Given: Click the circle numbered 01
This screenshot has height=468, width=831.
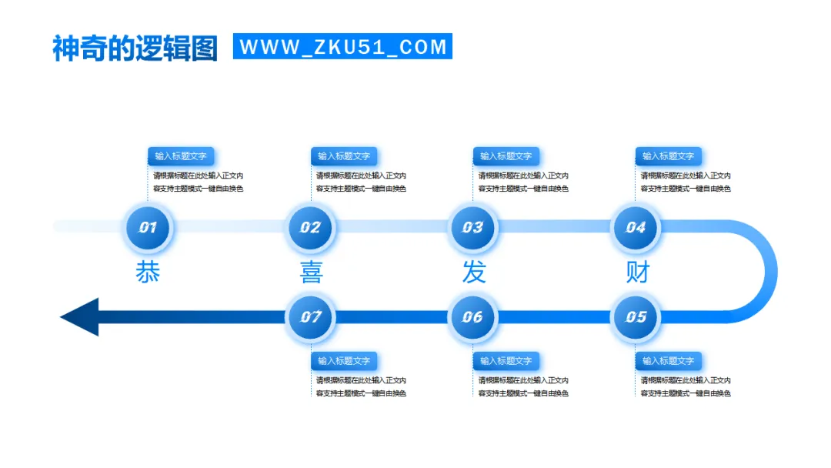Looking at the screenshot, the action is [148, 227].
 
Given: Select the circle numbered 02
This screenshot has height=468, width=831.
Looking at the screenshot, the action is [310, 227].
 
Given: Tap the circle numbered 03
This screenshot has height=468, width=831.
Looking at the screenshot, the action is [472, 227].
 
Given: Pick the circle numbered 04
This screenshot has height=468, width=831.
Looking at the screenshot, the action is [636, 227].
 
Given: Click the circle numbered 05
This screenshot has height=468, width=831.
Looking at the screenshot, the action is [636, 316].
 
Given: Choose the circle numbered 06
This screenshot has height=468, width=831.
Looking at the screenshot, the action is [472, 316].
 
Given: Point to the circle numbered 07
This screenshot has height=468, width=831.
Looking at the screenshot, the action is [310, 316].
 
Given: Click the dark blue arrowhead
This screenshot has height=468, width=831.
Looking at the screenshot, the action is [81, 316].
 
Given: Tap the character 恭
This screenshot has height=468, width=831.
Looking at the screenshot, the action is [148, 272].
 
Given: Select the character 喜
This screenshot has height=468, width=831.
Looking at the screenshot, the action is [311, 272].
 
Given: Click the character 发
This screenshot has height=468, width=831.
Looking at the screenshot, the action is [474, 272].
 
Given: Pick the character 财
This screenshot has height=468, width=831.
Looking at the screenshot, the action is [637, 272].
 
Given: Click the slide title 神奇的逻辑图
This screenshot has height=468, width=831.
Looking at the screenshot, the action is [135, 48].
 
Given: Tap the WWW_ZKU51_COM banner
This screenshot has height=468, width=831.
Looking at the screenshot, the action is [342, 46].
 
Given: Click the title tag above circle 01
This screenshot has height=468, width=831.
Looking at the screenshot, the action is [181, 156].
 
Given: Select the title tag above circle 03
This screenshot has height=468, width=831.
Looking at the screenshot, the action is [506, 156].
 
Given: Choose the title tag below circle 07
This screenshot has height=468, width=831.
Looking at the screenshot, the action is [344, 360].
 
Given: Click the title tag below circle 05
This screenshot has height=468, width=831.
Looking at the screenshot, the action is [669, 360].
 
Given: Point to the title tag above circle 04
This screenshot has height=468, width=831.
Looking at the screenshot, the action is [669, 156].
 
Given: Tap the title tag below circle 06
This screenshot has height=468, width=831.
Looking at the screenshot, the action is [506, 360].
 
